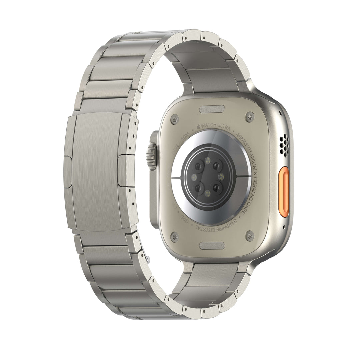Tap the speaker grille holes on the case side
click(284, 146)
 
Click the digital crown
click(152, 156)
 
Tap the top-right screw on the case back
click(249, 117)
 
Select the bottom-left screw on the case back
click(175, 237)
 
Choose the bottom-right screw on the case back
click(250, 236)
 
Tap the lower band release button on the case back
click(212, 246)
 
